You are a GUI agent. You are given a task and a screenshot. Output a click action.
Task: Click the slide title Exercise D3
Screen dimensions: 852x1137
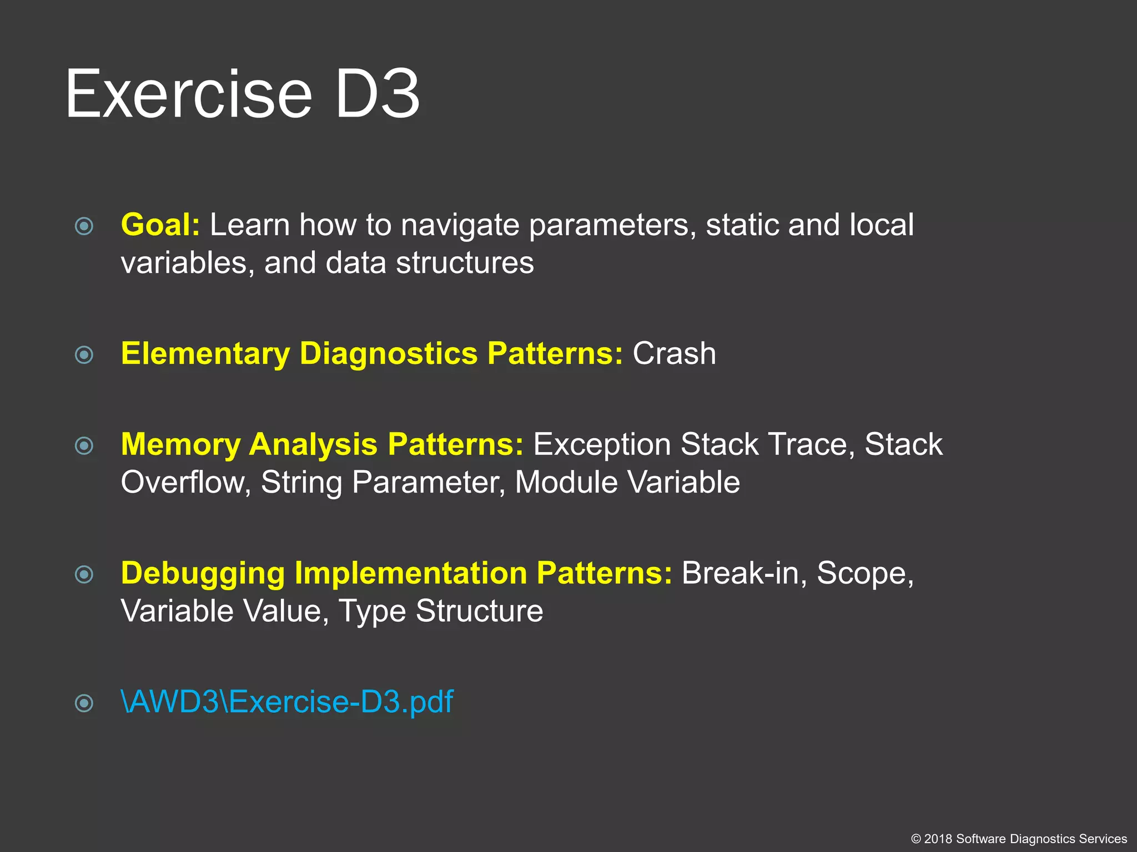tap(242, 94)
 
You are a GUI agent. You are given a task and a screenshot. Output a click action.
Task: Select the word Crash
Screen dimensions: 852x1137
tap(674, 354)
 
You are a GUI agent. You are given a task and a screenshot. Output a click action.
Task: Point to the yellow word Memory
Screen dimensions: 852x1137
tap(180, 445)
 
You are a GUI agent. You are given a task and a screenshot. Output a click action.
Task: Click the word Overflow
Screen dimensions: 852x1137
tap(185, 483)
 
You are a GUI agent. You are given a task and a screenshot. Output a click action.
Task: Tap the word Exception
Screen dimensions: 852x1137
tap(602, 445)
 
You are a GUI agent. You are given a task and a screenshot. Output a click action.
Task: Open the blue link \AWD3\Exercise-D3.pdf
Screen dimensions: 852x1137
tap(287, 702)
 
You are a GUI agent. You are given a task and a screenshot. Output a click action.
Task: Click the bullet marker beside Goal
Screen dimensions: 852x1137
tap(84, 226)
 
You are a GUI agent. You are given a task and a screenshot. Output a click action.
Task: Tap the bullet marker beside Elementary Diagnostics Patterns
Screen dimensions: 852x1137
tap(84, 355)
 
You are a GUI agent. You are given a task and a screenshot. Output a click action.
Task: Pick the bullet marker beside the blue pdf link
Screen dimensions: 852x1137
tap(84, 703)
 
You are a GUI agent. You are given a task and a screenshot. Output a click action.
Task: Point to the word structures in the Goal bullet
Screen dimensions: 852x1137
tap(465, 263)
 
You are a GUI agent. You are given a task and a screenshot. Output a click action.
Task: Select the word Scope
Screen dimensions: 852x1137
tap(864, 574)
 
